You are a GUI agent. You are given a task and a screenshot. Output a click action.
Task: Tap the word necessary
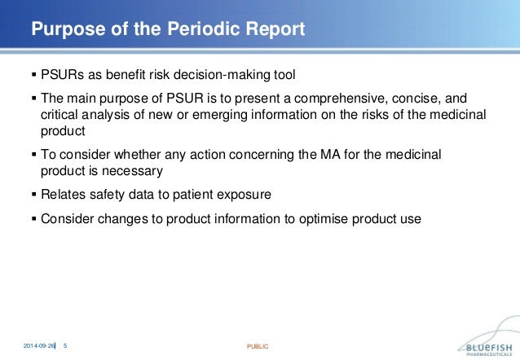tap(137, 170)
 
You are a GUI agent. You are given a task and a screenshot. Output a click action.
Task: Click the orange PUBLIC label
tap(257, 346)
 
